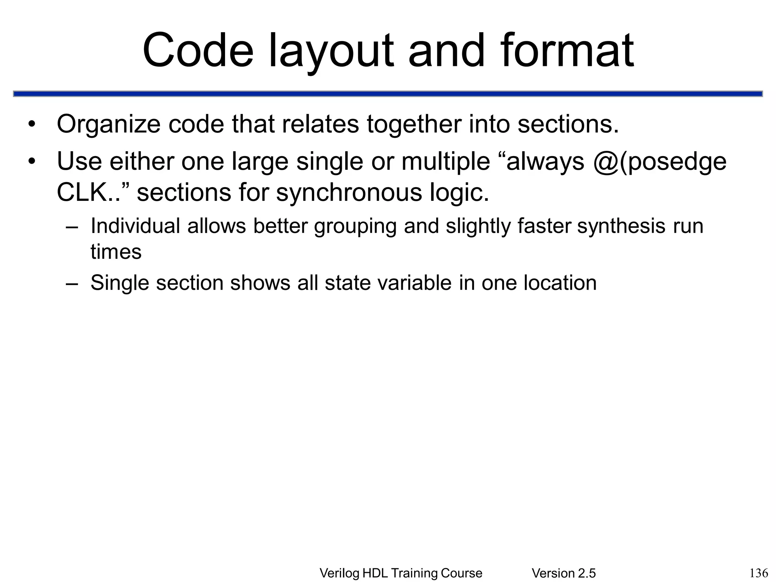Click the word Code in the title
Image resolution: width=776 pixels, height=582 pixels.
[x=198, y=50]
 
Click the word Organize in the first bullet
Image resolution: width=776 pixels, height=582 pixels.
[x=108, y=125]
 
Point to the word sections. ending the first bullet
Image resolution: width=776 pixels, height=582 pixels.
[x=568, y=124]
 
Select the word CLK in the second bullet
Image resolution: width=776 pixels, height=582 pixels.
[x=83, y=192]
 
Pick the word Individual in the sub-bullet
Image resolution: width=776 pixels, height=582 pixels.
[x=135, y=226]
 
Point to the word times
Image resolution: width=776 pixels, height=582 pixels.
[x=116, y=252]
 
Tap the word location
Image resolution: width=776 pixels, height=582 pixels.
[x=560, y=283]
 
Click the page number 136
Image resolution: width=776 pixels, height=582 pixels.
[x=759, y=573]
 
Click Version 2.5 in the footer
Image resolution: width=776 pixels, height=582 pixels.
[x=563, y=573]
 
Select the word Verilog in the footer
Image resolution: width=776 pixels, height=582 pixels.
[x=339, y=573]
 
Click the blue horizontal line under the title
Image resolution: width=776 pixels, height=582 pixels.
[x=388, y=94]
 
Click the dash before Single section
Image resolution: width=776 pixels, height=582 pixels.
[x=72, y=283]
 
